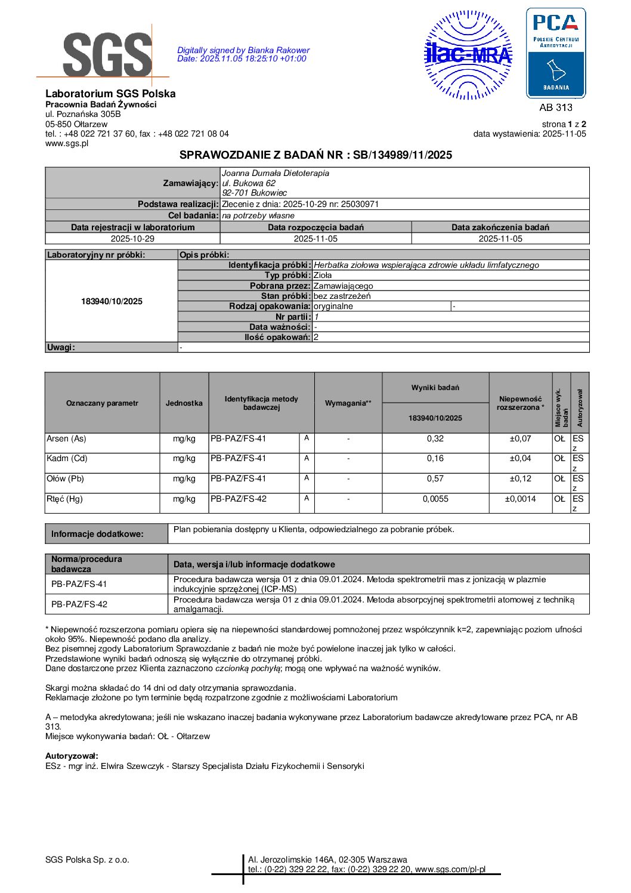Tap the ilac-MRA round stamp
pos(468,55)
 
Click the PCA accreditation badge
pos(555,53)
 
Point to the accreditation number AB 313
pos(555,107)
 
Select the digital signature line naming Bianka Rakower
pos(243,50)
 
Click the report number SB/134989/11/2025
pos(403,155)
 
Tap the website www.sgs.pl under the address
pos(67,143)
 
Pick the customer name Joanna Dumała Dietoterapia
pos(275,173)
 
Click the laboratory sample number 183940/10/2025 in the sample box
pos(112,301)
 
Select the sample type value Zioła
pos(323,275)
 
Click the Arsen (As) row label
pos(66,438)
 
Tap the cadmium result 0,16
pos(435,458)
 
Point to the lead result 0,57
pos(435,478)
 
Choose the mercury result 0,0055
pos(435,499)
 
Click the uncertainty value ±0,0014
pos(520,499)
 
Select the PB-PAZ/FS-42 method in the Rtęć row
pos(238,499)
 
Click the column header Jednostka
pos(184,403)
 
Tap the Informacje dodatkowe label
pos(97,534)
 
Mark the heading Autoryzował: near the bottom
pos(72,756)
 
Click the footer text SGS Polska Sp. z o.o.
pos(87,860)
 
